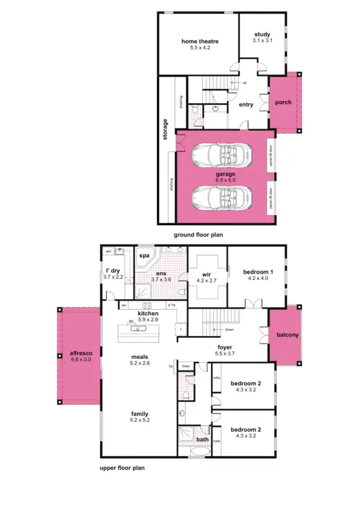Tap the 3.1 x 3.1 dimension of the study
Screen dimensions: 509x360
click(x=262, y=41)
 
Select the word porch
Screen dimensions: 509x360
click(x=282, y=102)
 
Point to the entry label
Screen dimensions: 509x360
click(x=246, y=105)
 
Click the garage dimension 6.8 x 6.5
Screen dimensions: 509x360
click(x=225, y=180)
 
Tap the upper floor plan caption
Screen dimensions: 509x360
click(x=122, y=467)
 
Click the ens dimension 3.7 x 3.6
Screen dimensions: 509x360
click(x=162, y=279)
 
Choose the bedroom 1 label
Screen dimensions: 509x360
click(x=258, y=272)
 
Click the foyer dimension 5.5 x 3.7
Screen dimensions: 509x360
click(x=225, y=353)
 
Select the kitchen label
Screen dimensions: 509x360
click(x=148, y=314)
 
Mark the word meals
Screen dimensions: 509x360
click(x=140, y=357)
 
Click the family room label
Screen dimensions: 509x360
click(x=140, y=414)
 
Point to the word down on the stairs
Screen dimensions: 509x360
click(x=227, y=330)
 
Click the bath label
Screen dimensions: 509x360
click(x=202, y=439)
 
